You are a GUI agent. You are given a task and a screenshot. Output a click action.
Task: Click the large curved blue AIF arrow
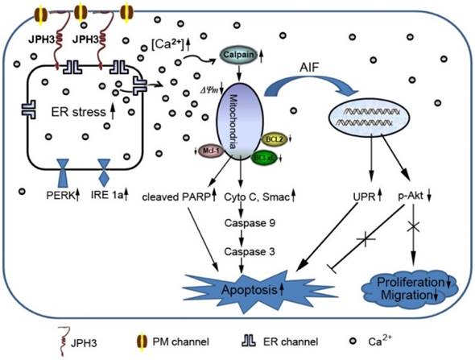click(318, 85)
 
